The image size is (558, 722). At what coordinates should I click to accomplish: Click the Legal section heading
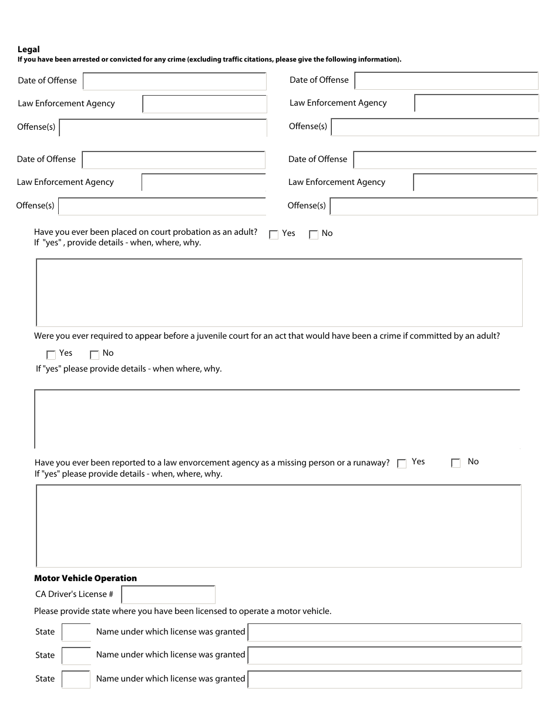click(29, 49)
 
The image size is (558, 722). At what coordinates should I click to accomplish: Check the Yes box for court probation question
click(274, 235)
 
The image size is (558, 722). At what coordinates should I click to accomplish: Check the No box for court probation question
click(314, 235)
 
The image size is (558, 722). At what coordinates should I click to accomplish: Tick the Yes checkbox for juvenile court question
click(51, 355)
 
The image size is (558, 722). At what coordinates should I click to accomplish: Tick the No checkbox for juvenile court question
click(95, 355)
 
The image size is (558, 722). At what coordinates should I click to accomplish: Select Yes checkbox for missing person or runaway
click(402, 464)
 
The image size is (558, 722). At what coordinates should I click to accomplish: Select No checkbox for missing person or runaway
click(456, 463)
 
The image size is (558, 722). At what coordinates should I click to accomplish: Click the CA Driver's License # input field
click(168, 595)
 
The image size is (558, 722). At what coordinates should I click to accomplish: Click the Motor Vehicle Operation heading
click(85, 578)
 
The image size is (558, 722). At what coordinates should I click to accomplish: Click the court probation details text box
click(279, 292)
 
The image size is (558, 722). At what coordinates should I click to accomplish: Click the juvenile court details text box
click(277, 419)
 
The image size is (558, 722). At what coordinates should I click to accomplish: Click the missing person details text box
click(279, 526)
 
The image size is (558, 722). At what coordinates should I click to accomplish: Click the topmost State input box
click(76, 632)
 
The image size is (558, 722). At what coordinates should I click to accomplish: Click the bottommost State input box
click(76, 680)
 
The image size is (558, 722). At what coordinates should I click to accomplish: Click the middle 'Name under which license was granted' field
click(385, 656)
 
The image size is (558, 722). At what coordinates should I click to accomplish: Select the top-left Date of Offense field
click(174, 81)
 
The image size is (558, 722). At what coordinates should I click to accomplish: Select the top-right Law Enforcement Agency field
click(476, 103)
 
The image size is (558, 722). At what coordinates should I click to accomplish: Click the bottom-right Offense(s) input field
click(434, 206)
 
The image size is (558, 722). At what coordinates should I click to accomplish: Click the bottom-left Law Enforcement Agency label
click(65, 182)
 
